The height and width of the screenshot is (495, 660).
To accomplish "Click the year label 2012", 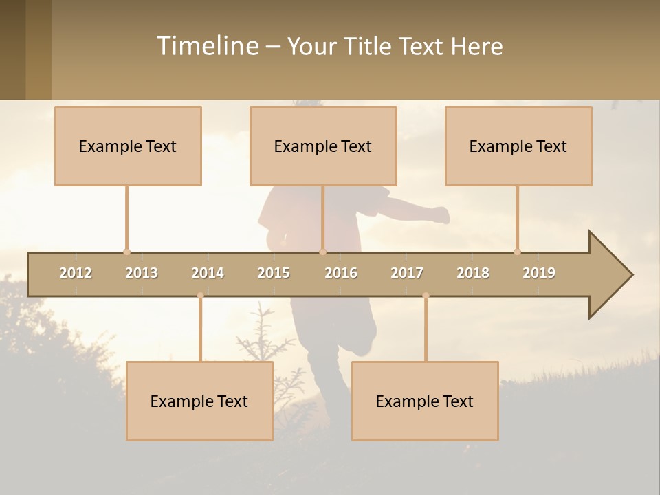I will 76,273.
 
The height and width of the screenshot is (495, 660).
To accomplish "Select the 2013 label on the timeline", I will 142,273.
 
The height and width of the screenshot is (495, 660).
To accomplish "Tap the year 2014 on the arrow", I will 208,273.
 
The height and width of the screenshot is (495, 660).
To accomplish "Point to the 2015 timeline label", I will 274,273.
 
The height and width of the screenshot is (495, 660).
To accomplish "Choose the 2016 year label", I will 341,273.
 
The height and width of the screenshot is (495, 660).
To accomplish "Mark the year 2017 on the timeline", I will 407,273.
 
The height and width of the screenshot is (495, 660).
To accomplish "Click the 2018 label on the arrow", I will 473,273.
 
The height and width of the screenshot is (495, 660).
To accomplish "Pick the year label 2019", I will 539,273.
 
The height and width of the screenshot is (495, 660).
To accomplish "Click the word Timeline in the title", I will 207,46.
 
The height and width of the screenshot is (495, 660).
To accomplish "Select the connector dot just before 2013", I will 126,252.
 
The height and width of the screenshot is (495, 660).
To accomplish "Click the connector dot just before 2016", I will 322,252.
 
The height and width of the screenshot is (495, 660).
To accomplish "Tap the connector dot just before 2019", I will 517,252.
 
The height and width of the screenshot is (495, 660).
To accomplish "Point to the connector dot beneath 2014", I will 200,296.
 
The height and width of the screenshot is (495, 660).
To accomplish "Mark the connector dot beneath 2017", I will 426,296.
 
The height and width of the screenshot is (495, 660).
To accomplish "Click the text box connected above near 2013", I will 128,146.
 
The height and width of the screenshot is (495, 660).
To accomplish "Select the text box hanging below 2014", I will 199,401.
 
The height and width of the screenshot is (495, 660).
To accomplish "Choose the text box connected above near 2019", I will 518,146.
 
